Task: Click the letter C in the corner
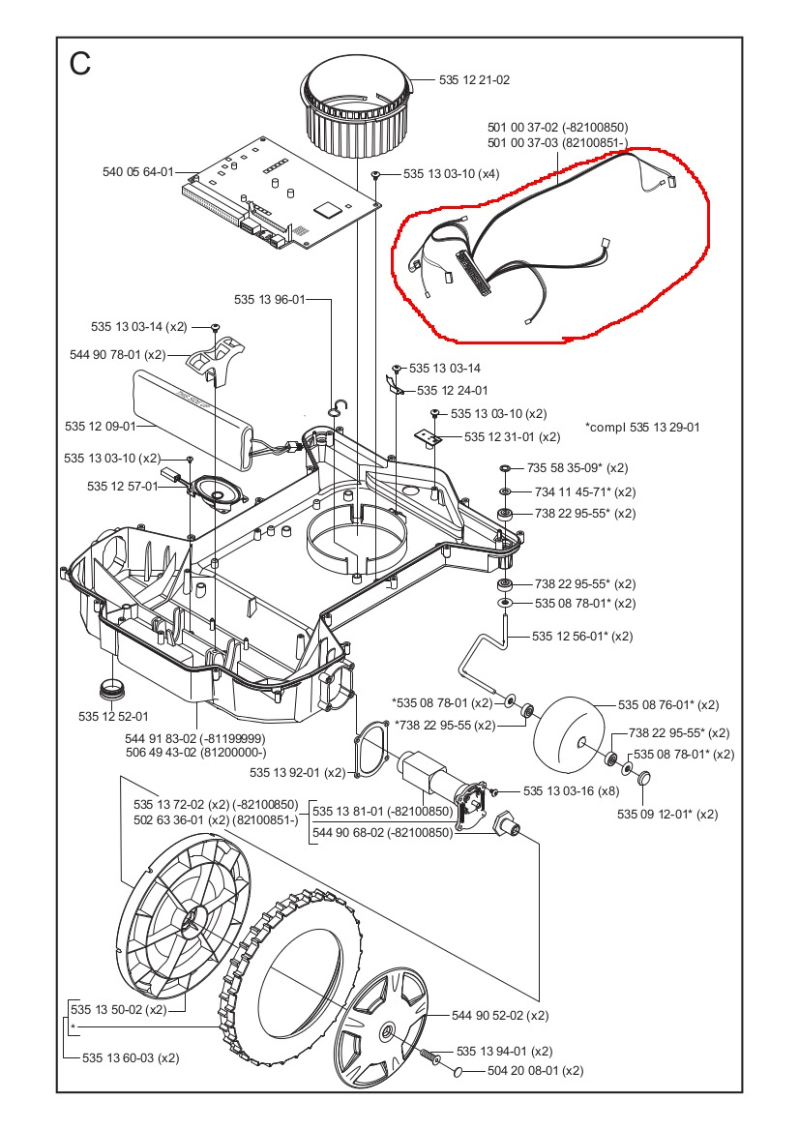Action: click(x=80, y=64)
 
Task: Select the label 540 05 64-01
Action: click(x=137, y=172)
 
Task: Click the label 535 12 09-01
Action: click(x=100, y=425)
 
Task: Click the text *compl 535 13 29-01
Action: click(x=642, y=427)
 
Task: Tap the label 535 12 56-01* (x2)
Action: click(x=582, y=637)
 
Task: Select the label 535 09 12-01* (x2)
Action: click(x=667, y=814)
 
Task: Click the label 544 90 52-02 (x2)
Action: click(x=500, y=1016)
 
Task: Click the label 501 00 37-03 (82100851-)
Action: click(x=557, y=144)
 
